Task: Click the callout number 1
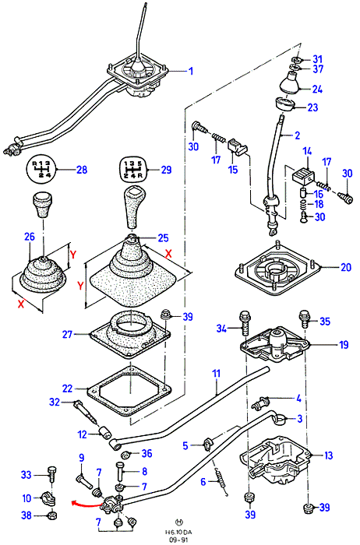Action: pyautogui.click(x=191, y=71)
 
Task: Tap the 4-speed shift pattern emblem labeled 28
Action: pyautogui.click(x=41, y=170)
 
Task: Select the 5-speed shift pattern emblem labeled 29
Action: pyautogui.click(x=134, y=169)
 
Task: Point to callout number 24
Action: pyautogui.click(x=317, y=89)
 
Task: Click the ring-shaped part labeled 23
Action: pyautogui.click(x=284, y=104)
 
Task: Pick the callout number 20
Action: pyautogui.click(x=346, y=267)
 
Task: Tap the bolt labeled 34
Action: pyautogui.click(x=245, y=322)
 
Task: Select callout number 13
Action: pyautogui.click(x=328, y=455)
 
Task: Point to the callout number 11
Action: pyautogui.click(x=217, y=374)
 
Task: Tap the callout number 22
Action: pyautogui.click(x=67, y=389)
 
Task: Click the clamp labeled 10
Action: pyautogui.click(x=49, y=498)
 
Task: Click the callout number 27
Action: pyautogui.click(x=67, y=334)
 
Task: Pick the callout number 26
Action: pyautogui.click(x=30, y=237)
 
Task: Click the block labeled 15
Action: pyautogui.click(x=238, y=146)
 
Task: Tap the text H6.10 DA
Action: pyautogui.click(x=179, y=532)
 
